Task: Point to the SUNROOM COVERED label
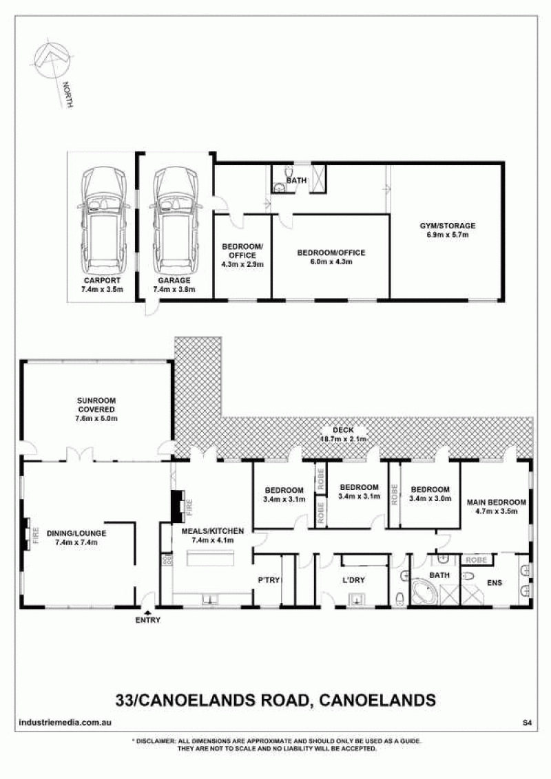[96, 405]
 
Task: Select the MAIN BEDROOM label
[497, 502]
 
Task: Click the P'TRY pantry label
[269, 580]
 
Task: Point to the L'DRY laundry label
[353, 580]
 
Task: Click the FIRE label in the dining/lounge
[36, 534]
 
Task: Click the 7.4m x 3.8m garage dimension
[174, 289]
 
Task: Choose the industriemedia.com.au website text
[65, 723]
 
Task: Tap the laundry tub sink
[357, 599]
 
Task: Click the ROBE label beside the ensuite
[477, 560]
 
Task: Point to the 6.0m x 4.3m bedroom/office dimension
[331, 262]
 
